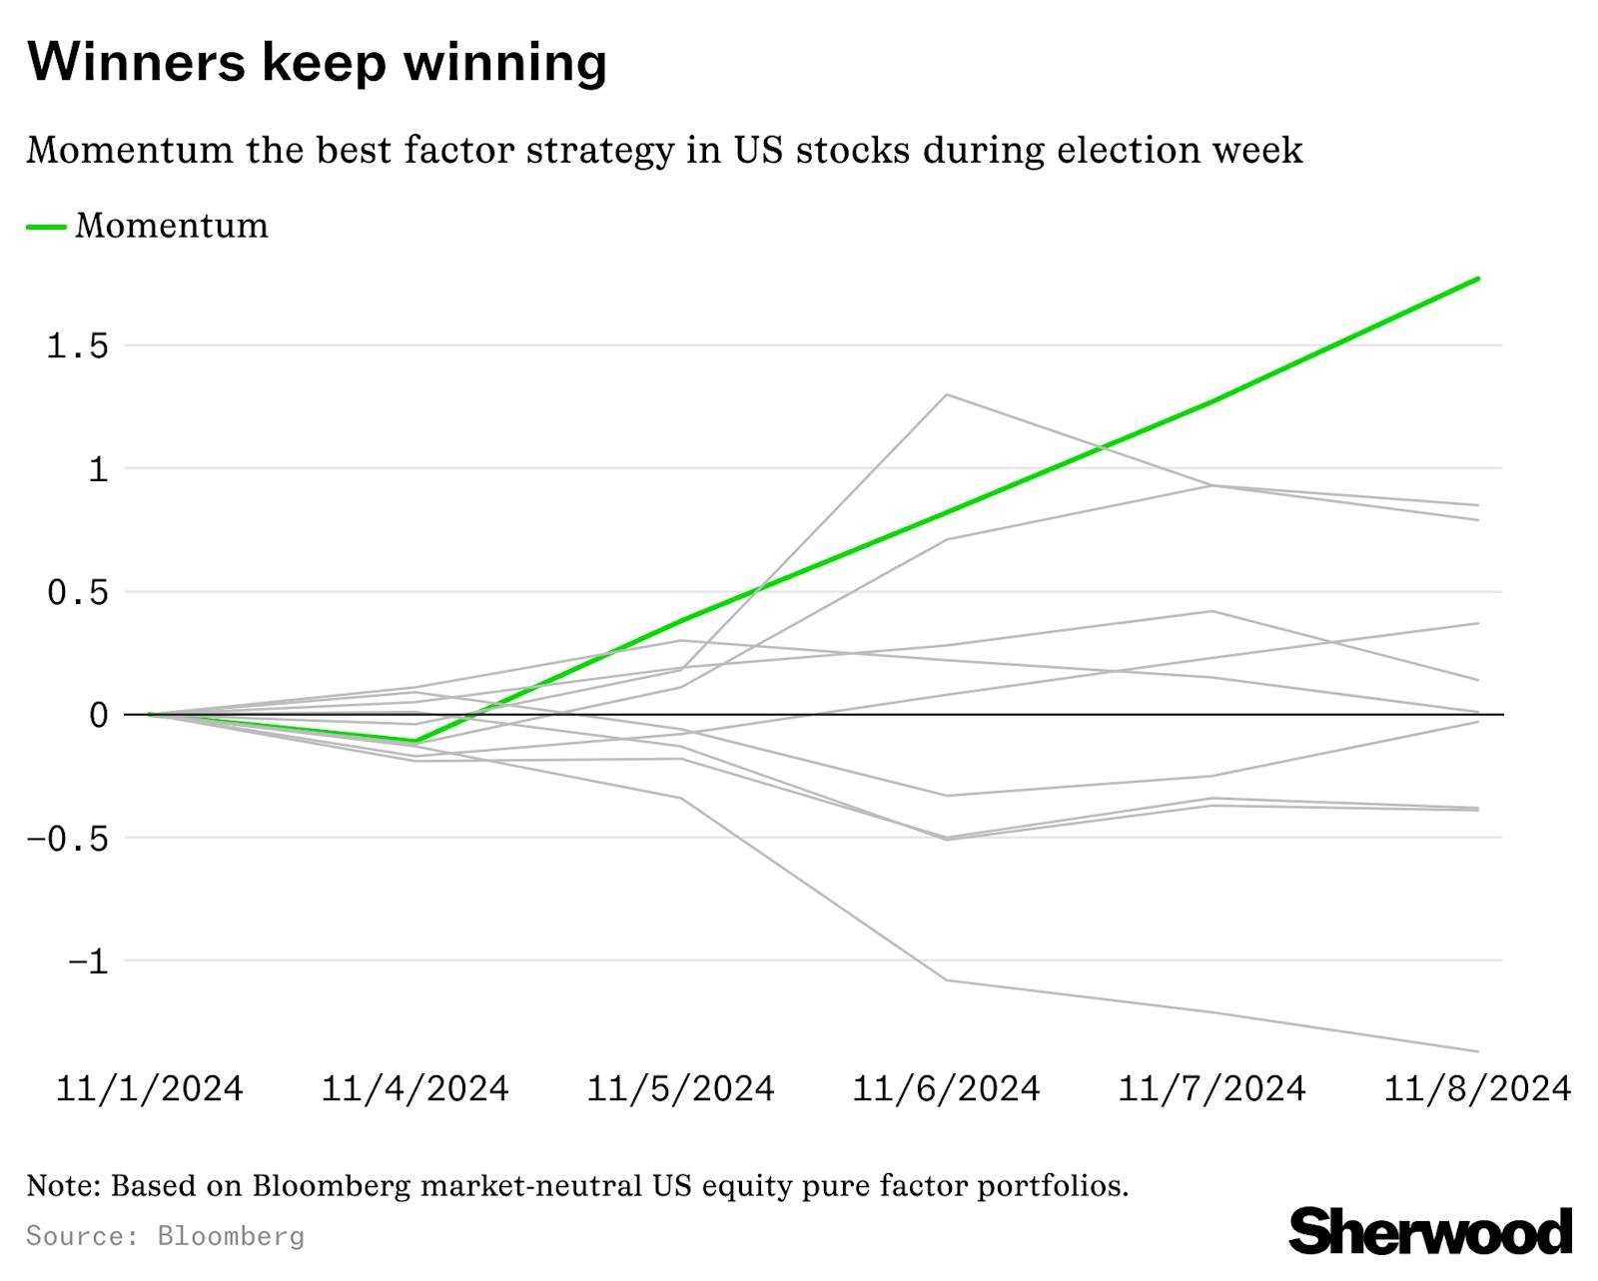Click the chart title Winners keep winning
317,62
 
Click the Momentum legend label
172,226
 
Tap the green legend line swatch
46,227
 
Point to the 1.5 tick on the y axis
77,346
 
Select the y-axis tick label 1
97,469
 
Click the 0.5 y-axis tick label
77,593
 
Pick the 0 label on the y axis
98,715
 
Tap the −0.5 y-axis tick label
66,839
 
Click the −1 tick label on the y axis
86,961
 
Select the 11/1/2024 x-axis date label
150,1088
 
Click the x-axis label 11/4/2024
414,1088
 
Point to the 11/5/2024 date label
680,1088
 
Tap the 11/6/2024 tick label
946,1088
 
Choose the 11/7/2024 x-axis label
1211,1088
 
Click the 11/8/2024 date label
1477,1088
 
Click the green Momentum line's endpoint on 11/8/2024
1477,279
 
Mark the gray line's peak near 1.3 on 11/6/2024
946,394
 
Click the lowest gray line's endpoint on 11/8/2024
1477,1051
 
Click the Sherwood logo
1430,1231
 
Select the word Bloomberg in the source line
231,1236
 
